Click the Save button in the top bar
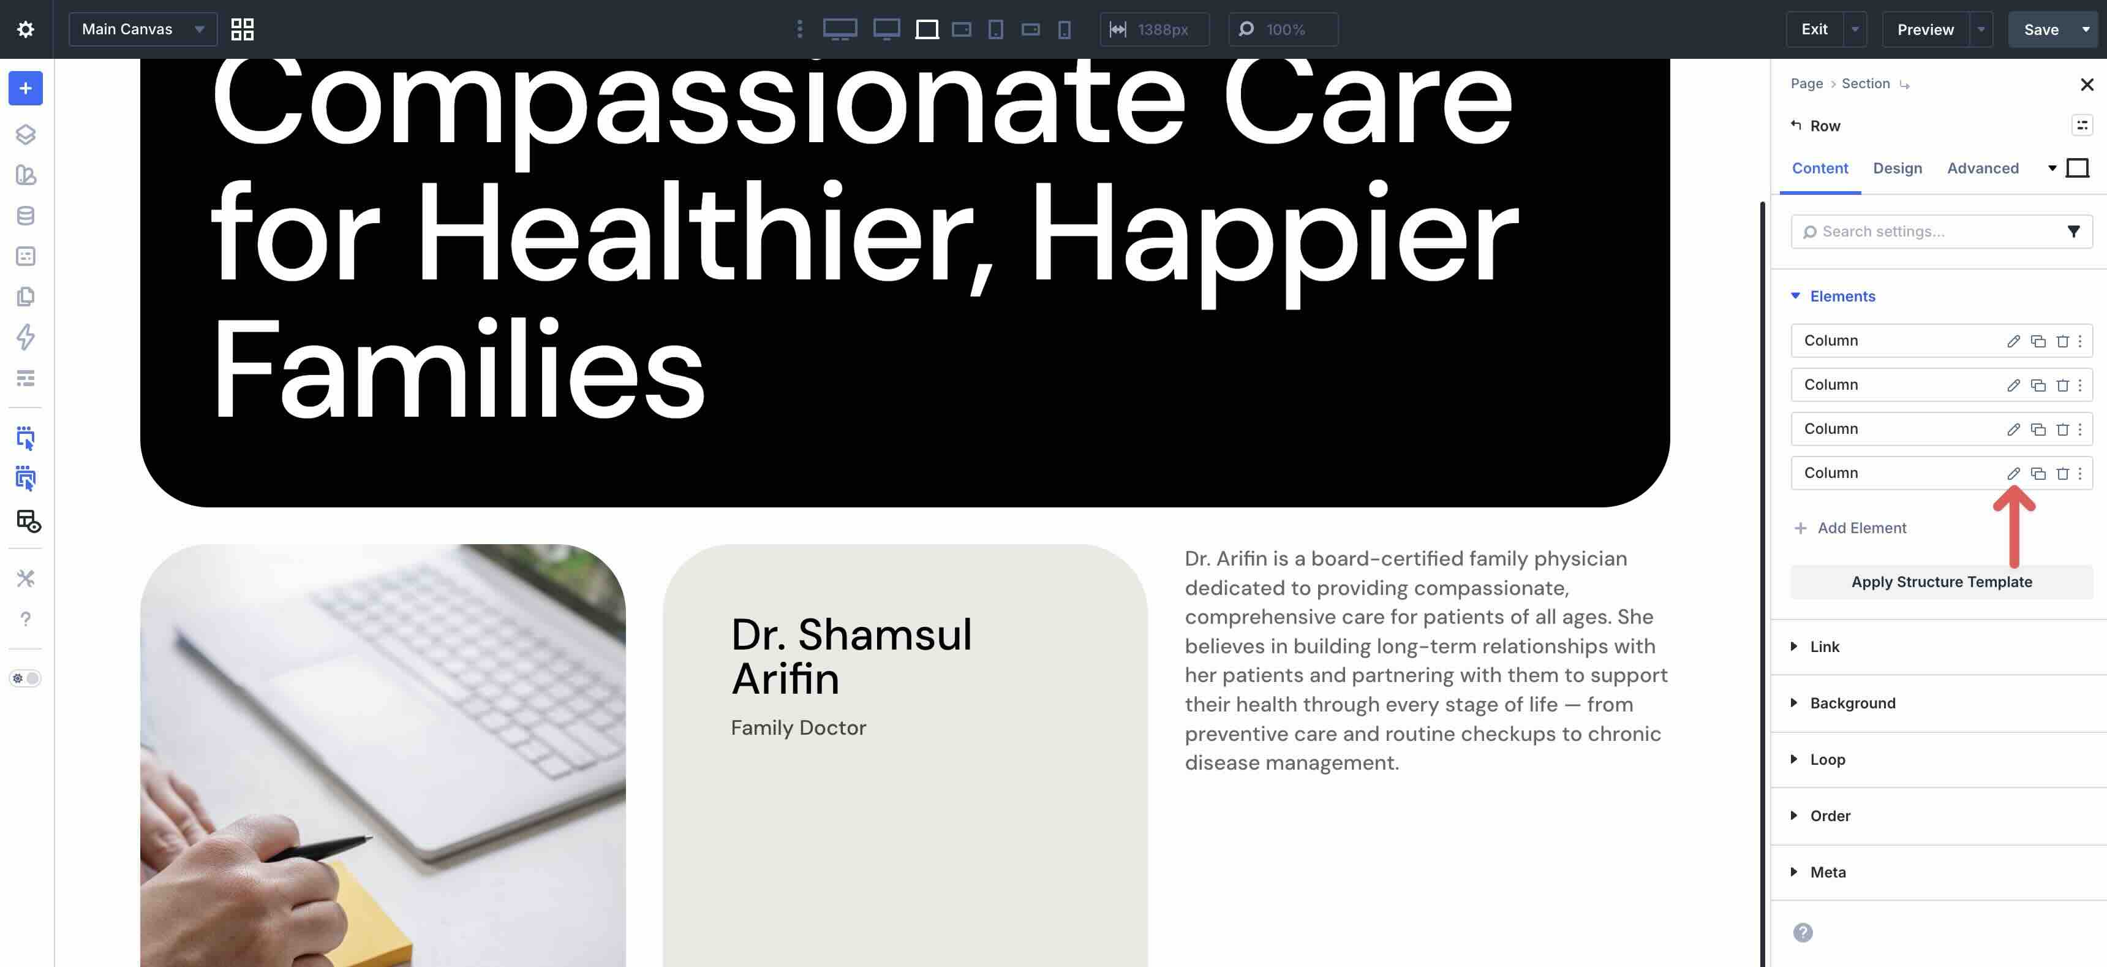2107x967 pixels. pos(2041,29)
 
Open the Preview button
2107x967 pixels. pos(1926,29)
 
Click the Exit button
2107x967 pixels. pos(1814,29)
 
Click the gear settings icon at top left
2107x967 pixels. pos(25,29)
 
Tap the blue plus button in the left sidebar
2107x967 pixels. pos(25,88)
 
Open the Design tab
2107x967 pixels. pos(1898,169)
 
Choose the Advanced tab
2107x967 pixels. pos(1983,169)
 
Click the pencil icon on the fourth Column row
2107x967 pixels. pos(2013,474)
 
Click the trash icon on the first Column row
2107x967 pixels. pos(2062,341)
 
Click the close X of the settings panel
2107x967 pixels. pos(2087,85)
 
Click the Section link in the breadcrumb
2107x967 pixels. pos(1866,83)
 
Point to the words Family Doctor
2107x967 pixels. pos(798,727)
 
